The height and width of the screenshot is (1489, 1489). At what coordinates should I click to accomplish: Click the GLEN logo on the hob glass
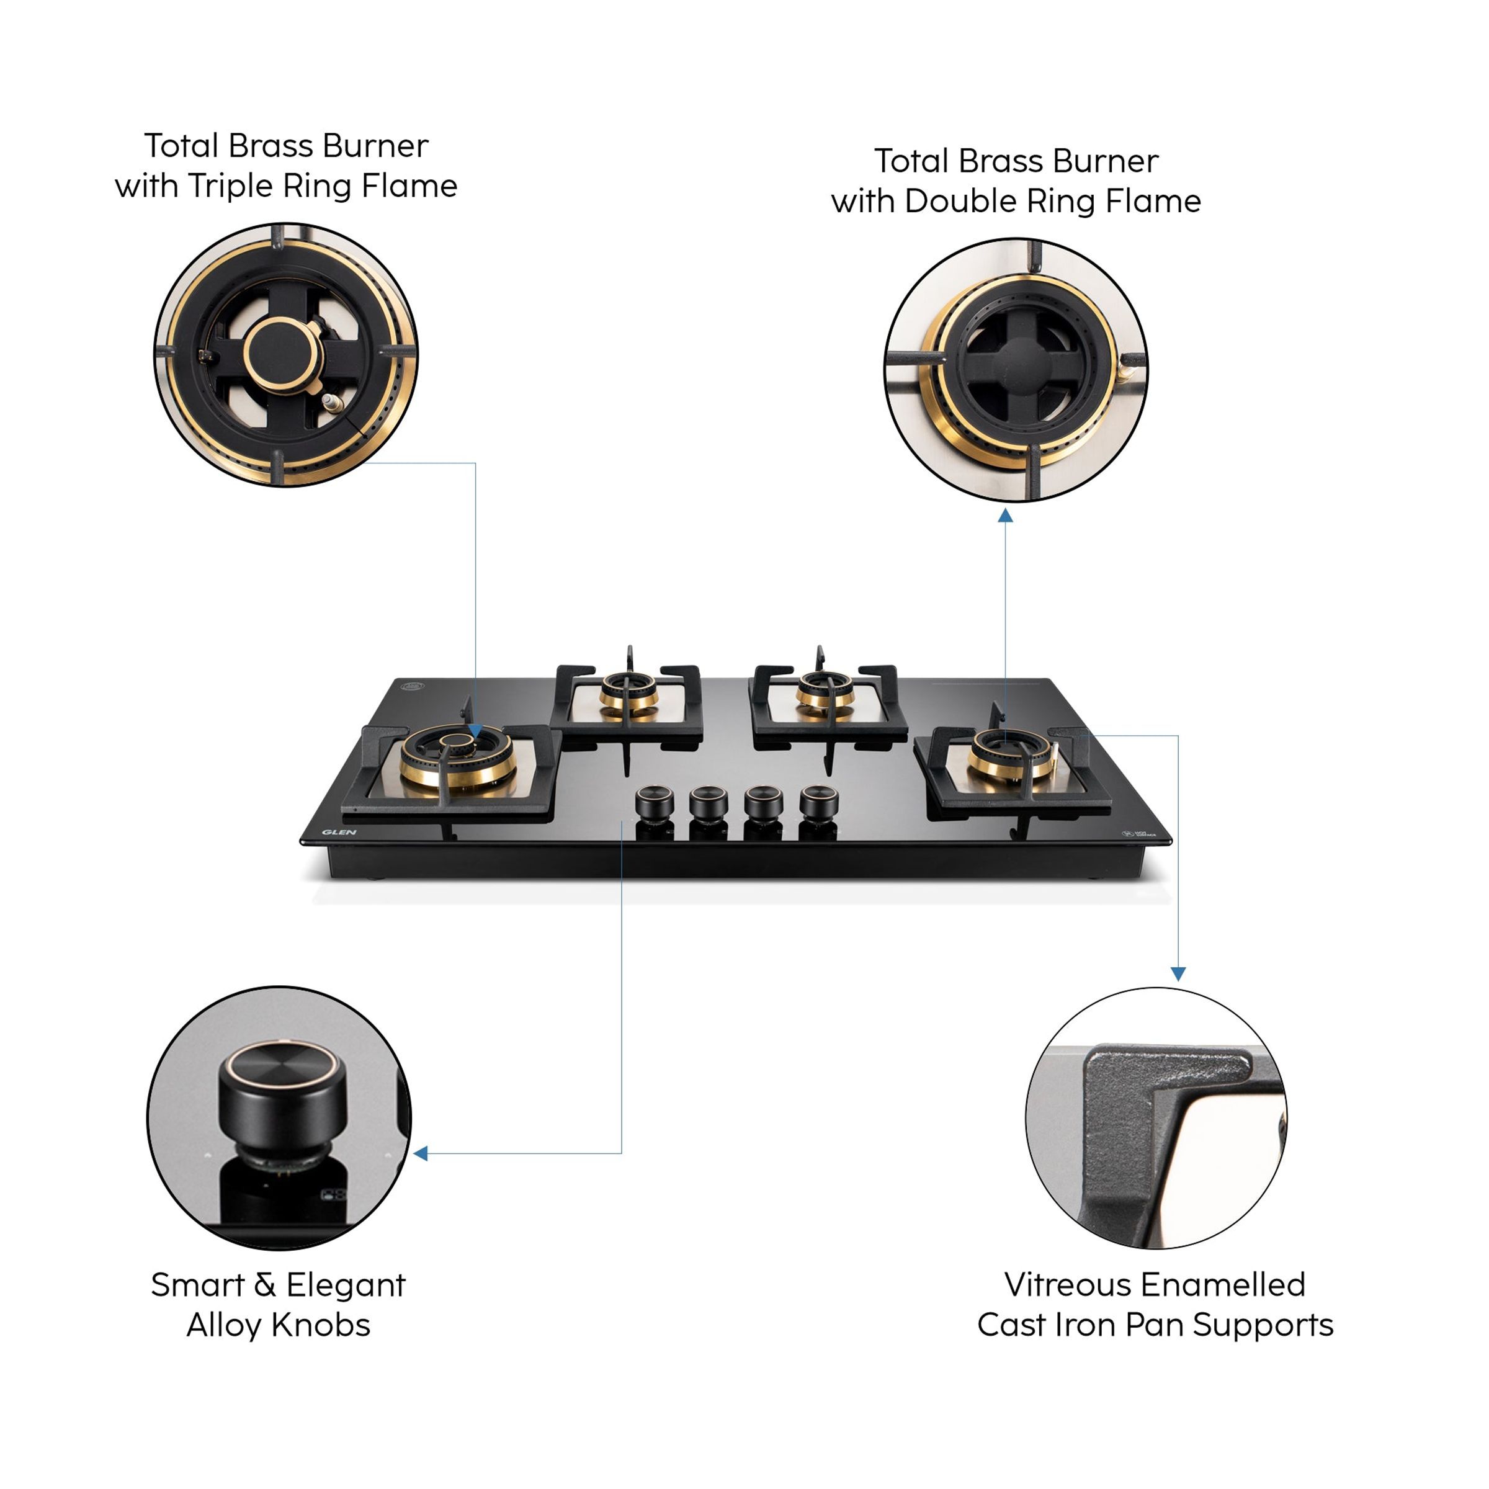point(339,833)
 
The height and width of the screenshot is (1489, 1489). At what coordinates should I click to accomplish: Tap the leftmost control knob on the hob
point(655,802)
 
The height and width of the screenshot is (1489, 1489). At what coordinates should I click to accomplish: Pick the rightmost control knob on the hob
point(818,802)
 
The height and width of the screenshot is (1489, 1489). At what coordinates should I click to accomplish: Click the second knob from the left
point(709,803)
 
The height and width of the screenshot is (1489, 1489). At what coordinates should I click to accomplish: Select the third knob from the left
point(763,802)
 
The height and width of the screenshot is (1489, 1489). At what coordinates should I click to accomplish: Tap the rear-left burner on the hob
point(629,688)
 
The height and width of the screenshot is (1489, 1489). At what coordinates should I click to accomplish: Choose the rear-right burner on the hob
point(825,687)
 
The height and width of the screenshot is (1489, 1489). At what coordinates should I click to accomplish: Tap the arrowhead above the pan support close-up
point(1178,974)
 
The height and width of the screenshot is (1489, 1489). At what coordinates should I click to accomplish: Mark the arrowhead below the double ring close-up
point(1005,516)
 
